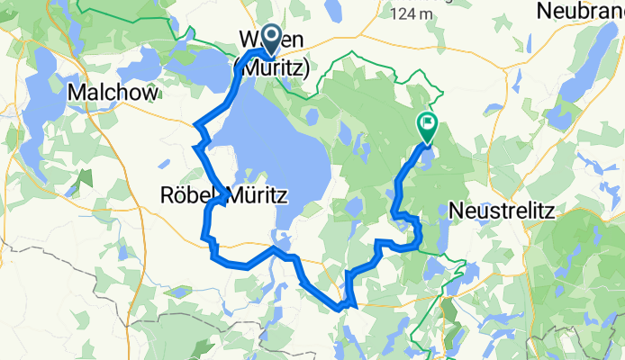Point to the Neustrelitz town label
[503, 210]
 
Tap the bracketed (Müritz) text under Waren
[271, 67]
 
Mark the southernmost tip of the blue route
[340, 308]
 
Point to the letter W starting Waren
[248, 40]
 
